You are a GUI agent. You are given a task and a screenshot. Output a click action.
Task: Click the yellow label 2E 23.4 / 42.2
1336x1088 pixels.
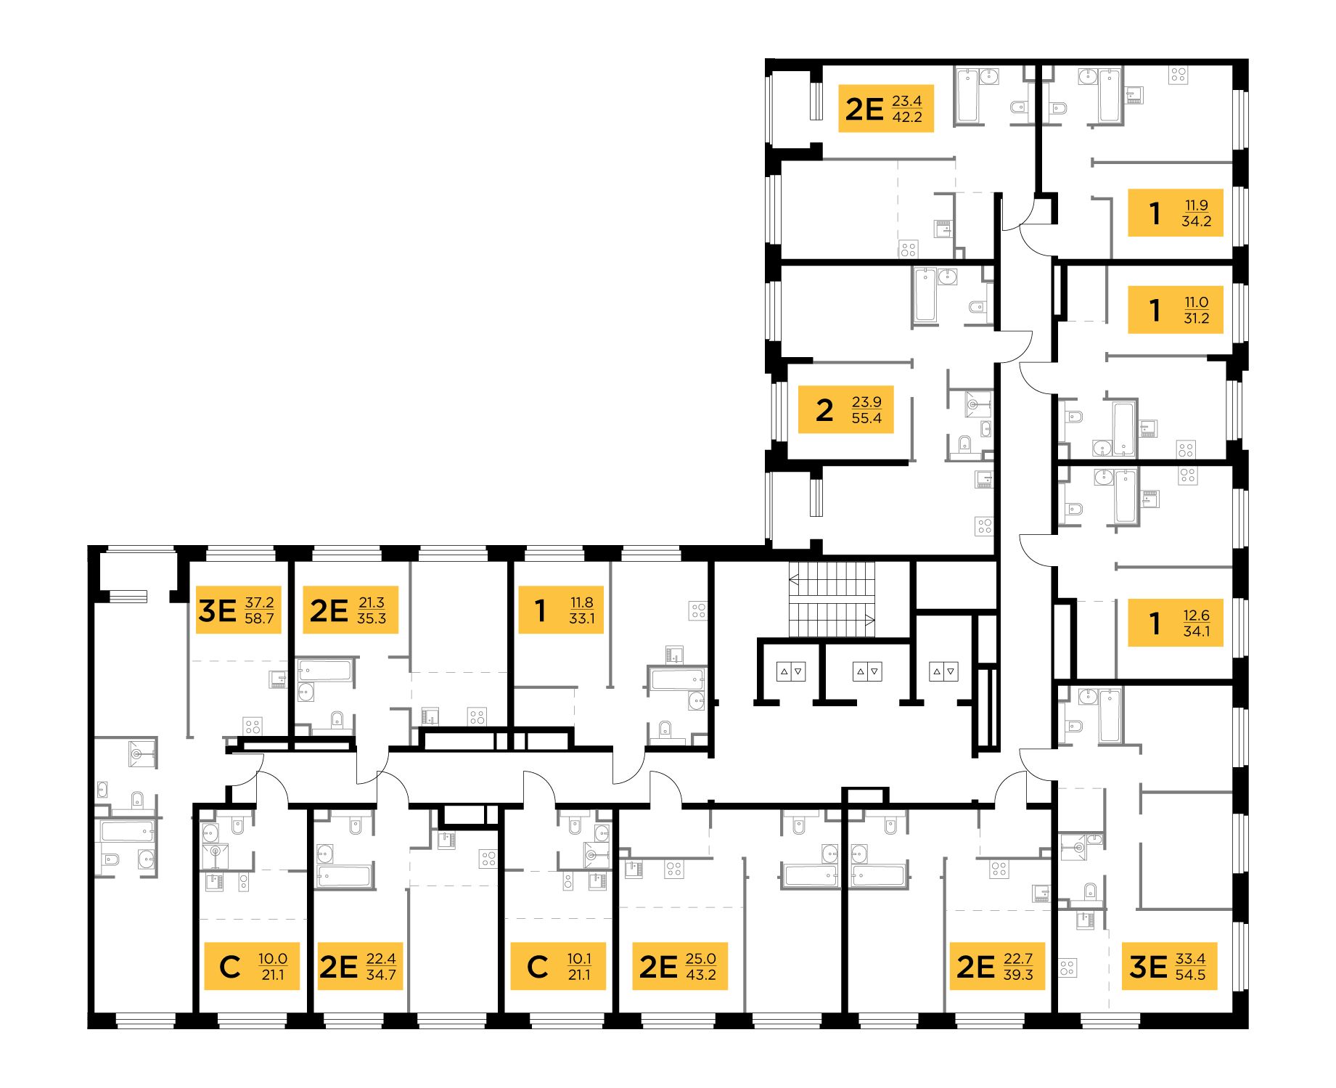click(x=885, y=108)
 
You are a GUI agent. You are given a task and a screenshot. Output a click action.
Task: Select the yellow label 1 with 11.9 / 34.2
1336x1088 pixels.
click(x=1175, y=213)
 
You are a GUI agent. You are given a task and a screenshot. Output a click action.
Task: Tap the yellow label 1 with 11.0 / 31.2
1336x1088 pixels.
click(x=1175, y=310)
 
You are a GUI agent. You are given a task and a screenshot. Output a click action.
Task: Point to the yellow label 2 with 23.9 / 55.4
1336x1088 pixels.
click(x=845, y=409)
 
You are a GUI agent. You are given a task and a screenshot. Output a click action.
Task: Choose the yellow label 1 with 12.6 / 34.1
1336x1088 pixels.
click(x=1175, y=623)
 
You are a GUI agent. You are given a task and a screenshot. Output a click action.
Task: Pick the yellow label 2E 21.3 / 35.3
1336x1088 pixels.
click(x=349, y=610)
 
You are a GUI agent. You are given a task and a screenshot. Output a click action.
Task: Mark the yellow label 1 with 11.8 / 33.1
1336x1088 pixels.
click(x=560, y=610)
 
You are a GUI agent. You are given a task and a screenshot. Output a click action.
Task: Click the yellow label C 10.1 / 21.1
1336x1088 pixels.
click(x=558, y=966)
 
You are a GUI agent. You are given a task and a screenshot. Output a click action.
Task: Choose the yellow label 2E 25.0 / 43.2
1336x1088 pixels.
click(x=679, y=966)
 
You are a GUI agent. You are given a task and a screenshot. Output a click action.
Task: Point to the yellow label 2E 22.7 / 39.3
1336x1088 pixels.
click(x=996, y=966)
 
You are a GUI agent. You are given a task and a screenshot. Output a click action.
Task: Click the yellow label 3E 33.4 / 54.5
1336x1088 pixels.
click(x=1168, y=966)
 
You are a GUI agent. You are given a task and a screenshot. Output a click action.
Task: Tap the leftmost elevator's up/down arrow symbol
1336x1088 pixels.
click(x=791, y=671)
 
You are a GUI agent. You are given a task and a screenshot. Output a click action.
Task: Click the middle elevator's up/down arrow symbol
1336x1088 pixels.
click(x=867, y=671)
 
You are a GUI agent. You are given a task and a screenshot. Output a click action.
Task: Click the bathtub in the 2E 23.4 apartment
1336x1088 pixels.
click(x=968, y=95)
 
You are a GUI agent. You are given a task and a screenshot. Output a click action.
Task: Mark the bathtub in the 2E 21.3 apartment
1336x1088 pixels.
click(x=325, y=669)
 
